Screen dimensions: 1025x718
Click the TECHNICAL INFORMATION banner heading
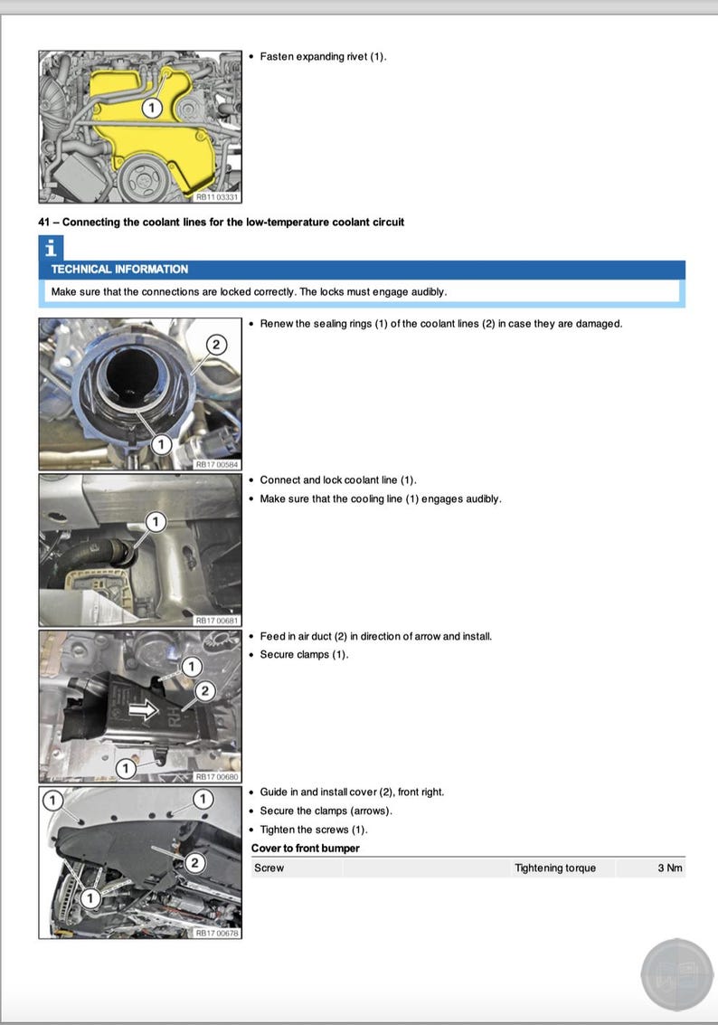tap(119, 270)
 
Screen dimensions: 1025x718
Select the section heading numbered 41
tap(221, 222)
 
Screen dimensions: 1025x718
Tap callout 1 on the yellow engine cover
tap(152, 108)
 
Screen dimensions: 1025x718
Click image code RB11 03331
tap(217, 197)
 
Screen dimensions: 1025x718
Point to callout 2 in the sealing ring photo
tap(217, 344)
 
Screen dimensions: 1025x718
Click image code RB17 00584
tap(217, 464)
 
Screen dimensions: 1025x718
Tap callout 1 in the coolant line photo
tap(156, 522)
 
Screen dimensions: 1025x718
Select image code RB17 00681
tap(217, 621)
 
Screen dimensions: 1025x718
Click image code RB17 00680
tap(217, 776)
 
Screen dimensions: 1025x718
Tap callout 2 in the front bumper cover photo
tap(194, 863)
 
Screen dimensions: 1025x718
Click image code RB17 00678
tap(217, 933)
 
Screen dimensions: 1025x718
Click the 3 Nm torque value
tap(669, 868)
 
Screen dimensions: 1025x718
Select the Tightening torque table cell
tap(555, 868)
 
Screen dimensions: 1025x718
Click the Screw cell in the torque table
tap(269, 868)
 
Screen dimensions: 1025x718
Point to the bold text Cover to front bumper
tap(305, 849)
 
